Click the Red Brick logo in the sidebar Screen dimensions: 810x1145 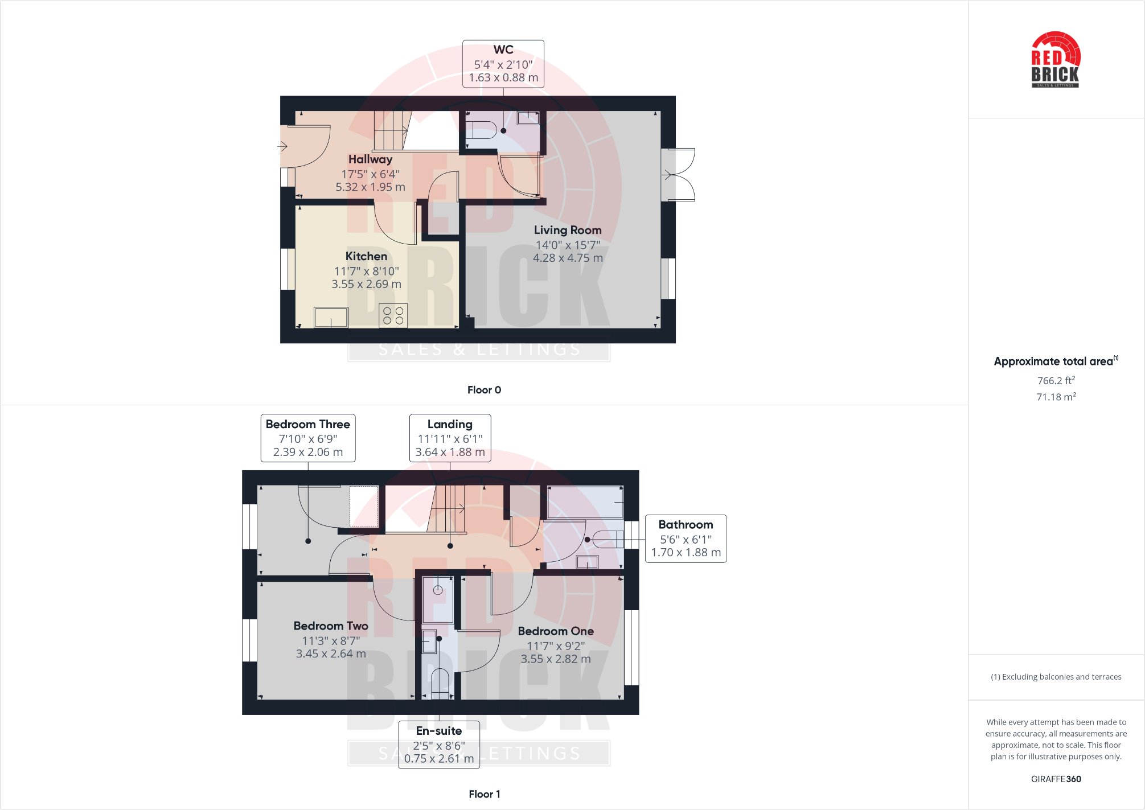point(1056,60)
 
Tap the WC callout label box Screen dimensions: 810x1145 point(503,64)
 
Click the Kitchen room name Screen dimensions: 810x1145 point(366,256)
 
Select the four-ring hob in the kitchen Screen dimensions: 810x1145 point(393,316)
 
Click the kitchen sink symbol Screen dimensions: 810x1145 point(331,317)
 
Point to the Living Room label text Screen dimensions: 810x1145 point(567,230)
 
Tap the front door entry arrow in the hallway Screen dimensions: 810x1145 point(282,146)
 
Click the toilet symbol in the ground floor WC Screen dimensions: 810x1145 point(481,130)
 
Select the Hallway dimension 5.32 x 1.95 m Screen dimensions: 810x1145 point(370,187)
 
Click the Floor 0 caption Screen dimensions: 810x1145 point(484,390)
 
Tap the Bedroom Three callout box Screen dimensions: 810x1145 point(308,438)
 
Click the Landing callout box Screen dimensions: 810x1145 point(450,438)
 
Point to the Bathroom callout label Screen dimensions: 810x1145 point(686,538)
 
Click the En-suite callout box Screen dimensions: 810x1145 point(439,745)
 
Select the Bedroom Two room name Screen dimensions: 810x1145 point(331,626)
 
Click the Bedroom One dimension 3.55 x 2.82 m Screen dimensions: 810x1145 point(556,659)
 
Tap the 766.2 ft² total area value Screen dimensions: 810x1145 point(1056,380)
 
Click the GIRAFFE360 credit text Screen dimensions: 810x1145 point(1056,779)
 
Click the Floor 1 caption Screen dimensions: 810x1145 point(484,794)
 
